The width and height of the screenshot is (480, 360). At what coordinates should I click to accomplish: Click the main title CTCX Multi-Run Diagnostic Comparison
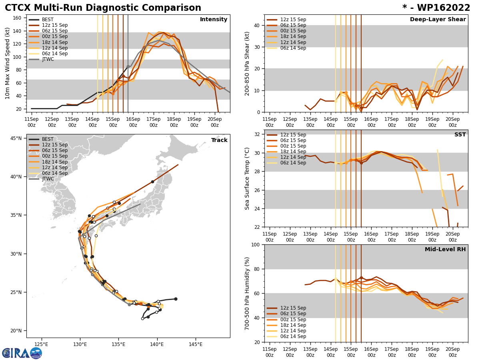coord(103,8)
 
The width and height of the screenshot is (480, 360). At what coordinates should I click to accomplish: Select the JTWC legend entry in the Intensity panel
coord(48,59)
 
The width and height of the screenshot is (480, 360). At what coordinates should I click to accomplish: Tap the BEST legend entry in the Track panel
coord(48,139)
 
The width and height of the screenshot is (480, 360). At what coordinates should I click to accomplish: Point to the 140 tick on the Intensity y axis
coord(18,31)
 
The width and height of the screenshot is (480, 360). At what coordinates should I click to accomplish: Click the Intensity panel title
coord(214,20)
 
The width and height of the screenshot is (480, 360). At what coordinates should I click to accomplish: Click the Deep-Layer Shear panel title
coord(438,20)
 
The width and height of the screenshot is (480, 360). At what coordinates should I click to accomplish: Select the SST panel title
coord(460,135)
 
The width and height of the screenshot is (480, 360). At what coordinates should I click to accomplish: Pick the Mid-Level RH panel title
coord(445,250)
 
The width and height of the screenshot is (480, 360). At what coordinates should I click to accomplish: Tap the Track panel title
coord(219,140)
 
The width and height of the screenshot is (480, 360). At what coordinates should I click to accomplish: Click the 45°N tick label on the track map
coord(16,138)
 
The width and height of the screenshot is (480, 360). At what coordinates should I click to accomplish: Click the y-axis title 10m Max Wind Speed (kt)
coord(8,63)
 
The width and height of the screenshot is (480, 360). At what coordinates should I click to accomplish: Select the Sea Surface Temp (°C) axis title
coord(247,178)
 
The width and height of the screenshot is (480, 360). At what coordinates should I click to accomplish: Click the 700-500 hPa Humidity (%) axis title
coord(247,293)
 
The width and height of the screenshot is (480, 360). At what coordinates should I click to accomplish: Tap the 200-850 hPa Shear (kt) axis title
coord(247,63)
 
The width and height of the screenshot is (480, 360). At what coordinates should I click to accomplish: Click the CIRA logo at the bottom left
coord(22,353)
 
